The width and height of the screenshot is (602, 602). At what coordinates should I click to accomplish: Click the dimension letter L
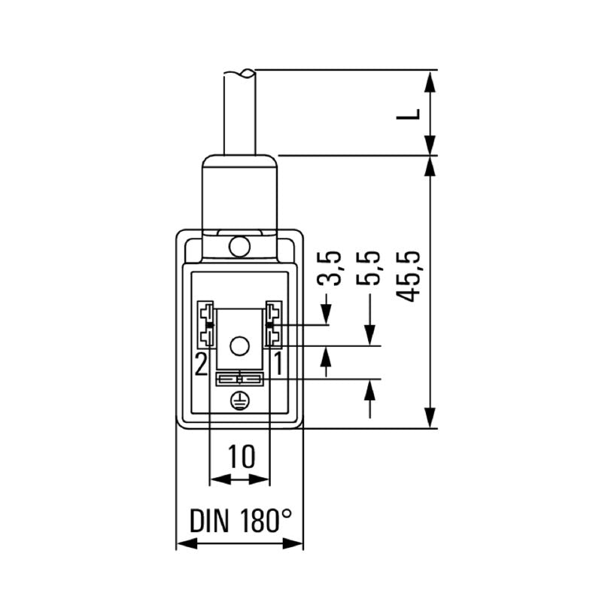coord(409,114)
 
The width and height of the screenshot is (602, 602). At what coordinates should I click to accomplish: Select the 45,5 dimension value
coord(409,276)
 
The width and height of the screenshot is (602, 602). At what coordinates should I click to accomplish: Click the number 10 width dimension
coord(240,455)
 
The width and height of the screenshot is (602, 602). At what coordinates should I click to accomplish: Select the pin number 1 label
coord(276,365)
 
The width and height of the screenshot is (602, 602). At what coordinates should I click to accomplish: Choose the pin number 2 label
coord(201,365)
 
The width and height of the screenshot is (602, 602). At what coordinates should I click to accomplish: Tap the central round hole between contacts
coord(239,346)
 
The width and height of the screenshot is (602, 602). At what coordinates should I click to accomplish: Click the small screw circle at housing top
coord(240,246)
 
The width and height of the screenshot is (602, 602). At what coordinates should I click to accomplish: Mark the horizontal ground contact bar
coord(239,379)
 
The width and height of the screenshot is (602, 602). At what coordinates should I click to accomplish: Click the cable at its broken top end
coord(239,74)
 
